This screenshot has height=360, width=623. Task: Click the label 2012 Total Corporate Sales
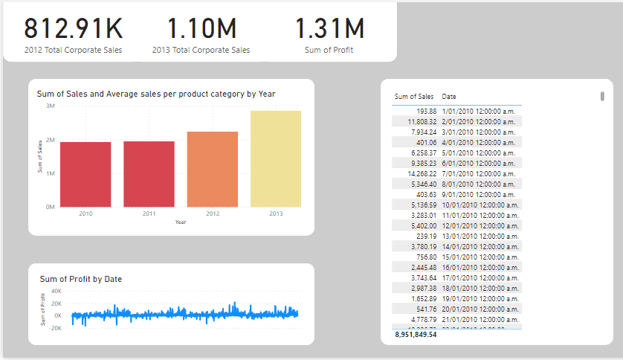coord(73,51)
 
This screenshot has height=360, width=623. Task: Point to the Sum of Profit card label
coord(329,51)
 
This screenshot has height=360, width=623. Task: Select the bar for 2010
coord(85,174)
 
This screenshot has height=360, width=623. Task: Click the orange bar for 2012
coord(212,169)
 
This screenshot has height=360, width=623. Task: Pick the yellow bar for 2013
coord(276,158)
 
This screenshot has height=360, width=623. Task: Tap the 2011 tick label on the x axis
coord(149,213)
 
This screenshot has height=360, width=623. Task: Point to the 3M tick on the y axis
coord(50,106)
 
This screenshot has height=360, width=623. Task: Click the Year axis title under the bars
coord(181,222)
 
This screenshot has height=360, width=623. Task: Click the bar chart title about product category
coord(156,94)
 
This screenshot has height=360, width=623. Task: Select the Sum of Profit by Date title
coord(81,279)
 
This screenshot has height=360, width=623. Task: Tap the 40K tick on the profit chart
coord(56,292)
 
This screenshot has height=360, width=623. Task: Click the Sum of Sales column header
coord(414,97)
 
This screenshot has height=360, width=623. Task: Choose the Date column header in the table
coord(449,97)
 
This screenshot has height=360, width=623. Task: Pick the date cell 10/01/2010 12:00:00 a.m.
coord(480,205)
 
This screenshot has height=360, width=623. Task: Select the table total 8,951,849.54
coord(416,335)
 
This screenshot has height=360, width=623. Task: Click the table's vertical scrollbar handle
coord(601,96)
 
